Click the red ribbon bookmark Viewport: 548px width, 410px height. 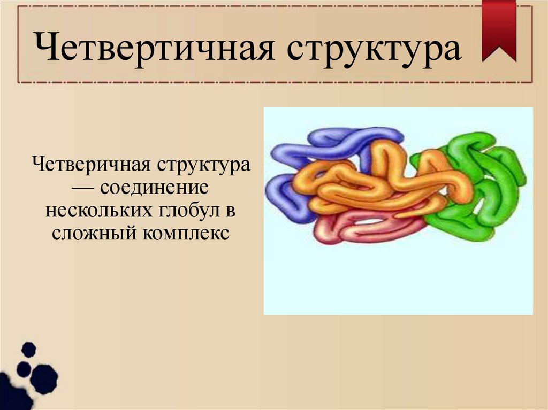499,29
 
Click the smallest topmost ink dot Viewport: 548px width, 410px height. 28,350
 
